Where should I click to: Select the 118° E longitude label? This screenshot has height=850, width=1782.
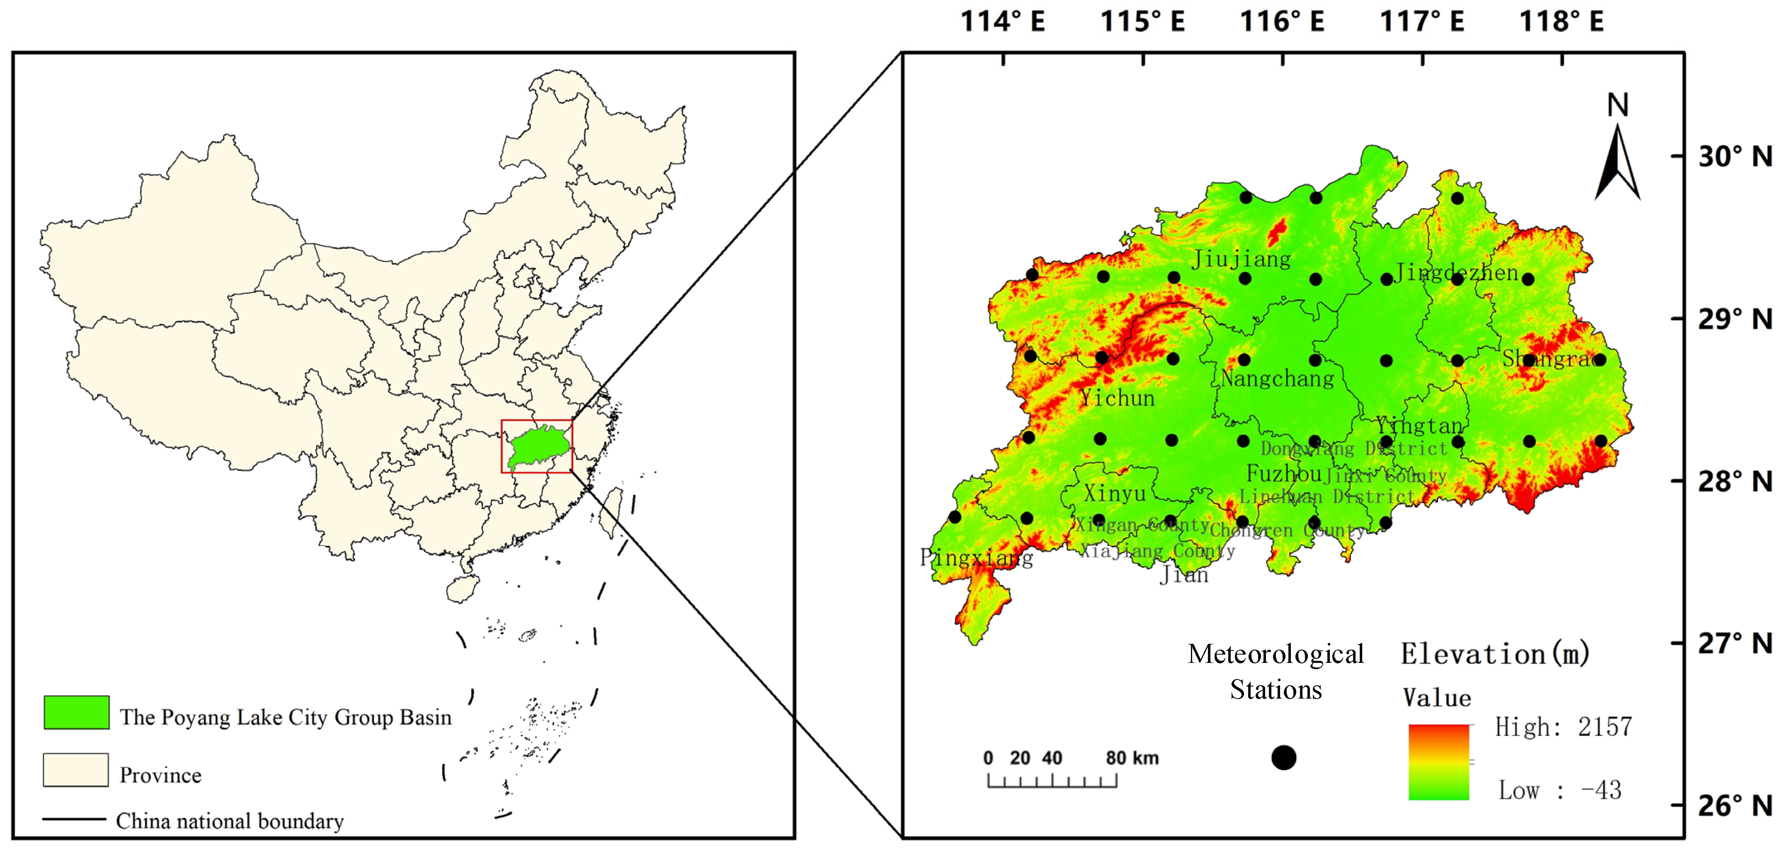1561,22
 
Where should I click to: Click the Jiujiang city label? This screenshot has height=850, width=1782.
1241,259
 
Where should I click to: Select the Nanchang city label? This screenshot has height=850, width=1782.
1277,378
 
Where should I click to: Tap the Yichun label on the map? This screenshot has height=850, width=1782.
1117,398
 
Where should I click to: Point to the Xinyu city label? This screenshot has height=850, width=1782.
1115,493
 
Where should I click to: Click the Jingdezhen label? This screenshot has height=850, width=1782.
1456,273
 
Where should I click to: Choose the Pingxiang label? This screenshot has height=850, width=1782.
976,558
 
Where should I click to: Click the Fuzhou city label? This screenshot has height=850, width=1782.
1284,474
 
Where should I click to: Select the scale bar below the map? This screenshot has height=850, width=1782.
1052,780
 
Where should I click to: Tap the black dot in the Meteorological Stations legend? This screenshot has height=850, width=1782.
1283,758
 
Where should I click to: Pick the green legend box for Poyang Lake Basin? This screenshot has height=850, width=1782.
76,712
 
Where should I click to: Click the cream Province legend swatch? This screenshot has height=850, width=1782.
75,770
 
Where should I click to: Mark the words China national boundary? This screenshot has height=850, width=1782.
230,821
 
